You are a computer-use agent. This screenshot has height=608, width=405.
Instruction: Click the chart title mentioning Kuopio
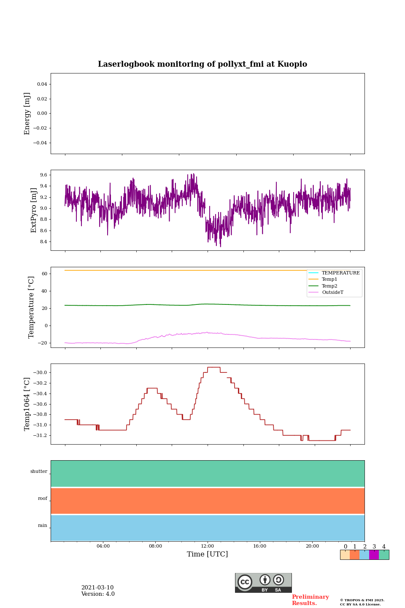[x=202, y=64]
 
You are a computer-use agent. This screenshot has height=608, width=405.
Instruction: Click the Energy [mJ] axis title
[x=27, y=114]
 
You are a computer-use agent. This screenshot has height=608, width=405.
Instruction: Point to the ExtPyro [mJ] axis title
[x=34, y=210]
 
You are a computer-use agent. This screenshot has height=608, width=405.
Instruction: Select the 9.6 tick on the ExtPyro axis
[x=43, y=175]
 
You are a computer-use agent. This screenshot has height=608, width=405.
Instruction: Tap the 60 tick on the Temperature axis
[x=44, y=274]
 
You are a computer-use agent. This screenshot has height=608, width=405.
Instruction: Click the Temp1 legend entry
[x=329, y=280]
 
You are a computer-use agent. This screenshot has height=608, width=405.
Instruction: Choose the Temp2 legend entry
[x=329, y=286]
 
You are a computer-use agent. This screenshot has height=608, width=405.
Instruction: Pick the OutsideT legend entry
[x=332, y=292]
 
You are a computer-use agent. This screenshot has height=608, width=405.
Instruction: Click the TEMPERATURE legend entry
[x=340, y=273]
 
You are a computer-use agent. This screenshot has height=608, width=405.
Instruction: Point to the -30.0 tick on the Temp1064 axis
[x=40, y=372]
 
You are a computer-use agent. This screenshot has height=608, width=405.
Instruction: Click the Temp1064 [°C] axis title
[x=27, y=404]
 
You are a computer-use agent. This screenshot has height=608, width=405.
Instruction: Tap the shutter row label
[x=39, y=471]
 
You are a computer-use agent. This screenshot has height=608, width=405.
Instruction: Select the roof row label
[x=43, y=499]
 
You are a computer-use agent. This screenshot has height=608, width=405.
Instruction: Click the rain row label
[x=43, y=526]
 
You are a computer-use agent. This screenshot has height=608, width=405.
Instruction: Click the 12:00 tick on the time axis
[x=208, y=546]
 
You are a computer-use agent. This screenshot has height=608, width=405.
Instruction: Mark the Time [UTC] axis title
[x=208, y=554]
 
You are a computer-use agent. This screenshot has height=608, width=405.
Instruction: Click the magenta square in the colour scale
[x=374, y=555]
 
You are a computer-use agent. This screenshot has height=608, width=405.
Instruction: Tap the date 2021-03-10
[x=97, y=588]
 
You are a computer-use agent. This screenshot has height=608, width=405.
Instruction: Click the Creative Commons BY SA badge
[x=263, y=583]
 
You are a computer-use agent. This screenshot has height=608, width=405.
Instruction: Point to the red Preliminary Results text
[x=310, y=600]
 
